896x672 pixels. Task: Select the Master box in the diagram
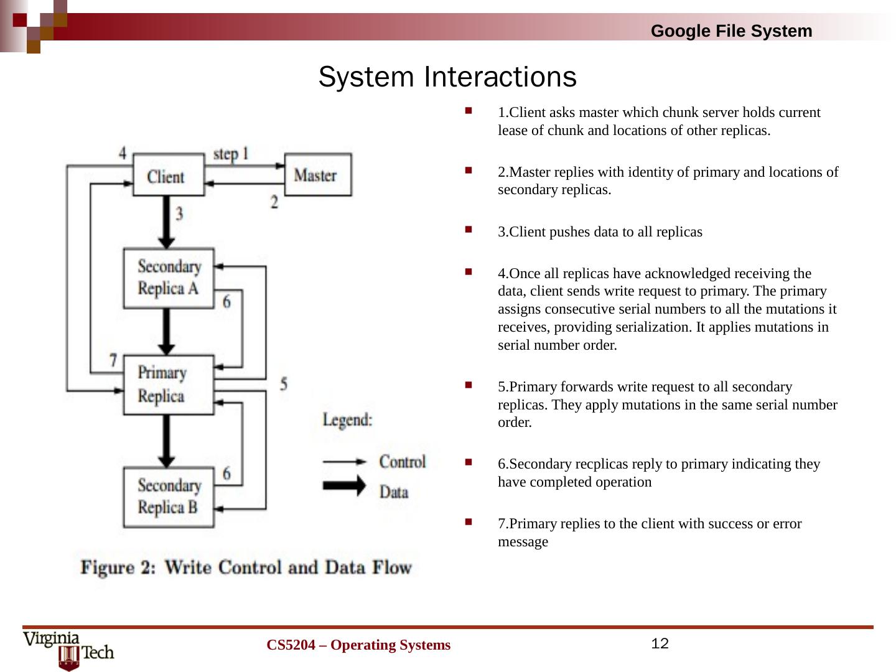click(317, 175)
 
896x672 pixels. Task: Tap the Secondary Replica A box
click(169, 278)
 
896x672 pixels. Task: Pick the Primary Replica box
click(168, 385)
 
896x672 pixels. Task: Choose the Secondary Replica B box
click(169, 497)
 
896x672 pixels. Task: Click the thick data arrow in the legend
click(344, 485)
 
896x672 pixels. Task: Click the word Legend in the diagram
click(348, 420)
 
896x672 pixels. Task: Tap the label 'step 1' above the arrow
click(231, 153)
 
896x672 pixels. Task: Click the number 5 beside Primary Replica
click(283, 384)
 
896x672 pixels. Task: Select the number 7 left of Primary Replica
click(113, 360)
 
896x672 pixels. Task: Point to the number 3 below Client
click(179, 214)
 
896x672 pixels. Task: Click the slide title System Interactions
click(447, 77)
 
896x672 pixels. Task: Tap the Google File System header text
click(731, 31)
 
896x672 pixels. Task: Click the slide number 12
click(660, 643)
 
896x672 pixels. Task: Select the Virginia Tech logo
click(68, 650)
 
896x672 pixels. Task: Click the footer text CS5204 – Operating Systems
click(358, 645)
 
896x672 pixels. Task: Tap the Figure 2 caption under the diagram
click(246, 567)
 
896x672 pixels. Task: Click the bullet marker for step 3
click(468, 230)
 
